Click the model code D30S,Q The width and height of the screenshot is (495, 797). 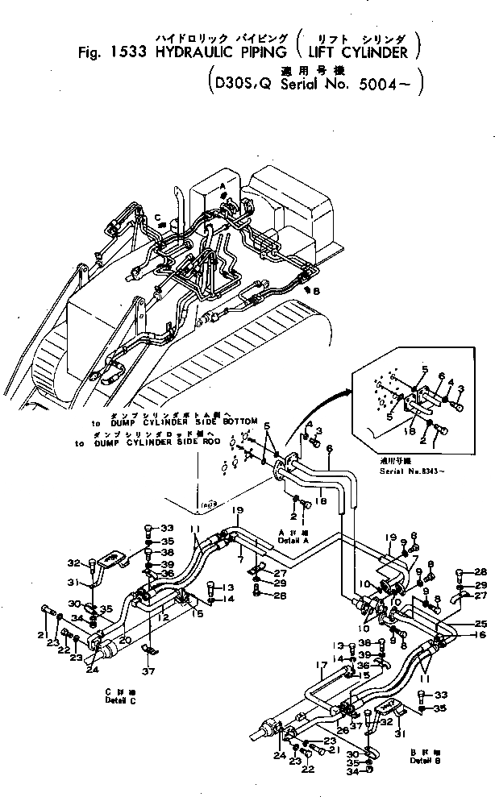(x=240, y=82)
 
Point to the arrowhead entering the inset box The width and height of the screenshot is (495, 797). (x=349, y=392)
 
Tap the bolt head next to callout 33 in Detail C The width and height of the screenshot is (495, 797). (x=148, y=529)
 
